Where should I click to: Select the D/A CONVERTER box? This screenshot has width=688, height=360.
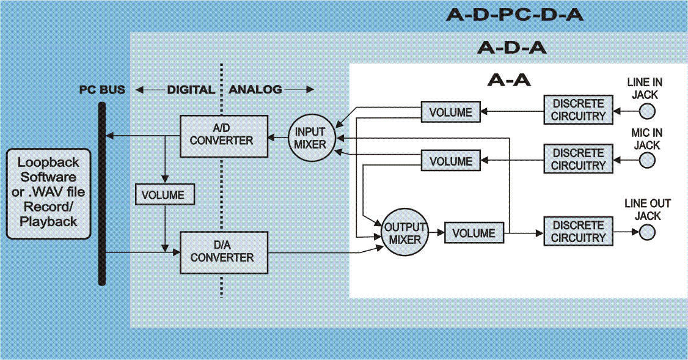point(224,252)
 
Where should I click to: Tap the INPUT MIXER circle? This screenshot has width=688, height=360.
point(310,139)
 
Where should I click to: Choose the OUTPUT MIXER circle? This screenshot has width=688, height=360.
point(404,233)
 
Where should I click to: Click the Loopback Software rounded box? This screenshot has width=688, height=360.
point(48,193)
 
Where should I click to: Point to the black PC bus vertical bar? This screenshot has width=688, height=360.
point(102,193)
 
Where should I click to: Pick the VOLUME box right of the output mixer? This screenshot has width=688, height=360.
point(474,233)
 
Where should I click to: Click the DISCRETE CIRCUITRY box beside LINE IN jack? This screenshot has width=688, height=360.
point(578,109)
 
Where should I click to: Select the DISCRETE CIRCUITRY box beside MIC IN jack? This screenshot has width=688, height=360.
point(578,159)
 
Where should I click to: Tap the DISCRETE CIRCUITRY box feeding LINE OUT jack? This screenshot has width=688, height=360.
point(578,232)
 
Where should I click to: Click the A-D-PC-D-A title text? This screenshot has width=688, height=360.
point(514,15)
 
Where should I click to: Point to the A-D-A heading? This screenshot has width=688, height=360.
point(511,47)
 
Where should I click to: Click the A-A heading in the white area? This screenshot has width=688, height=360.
point(509,79)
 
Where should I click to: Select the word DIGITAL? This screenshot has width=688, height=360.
point(191,89)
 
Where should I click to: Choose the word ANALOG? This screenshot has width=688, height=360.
point(255,89)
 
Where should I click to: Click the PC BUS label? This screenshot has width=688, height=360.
point(102,89)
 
